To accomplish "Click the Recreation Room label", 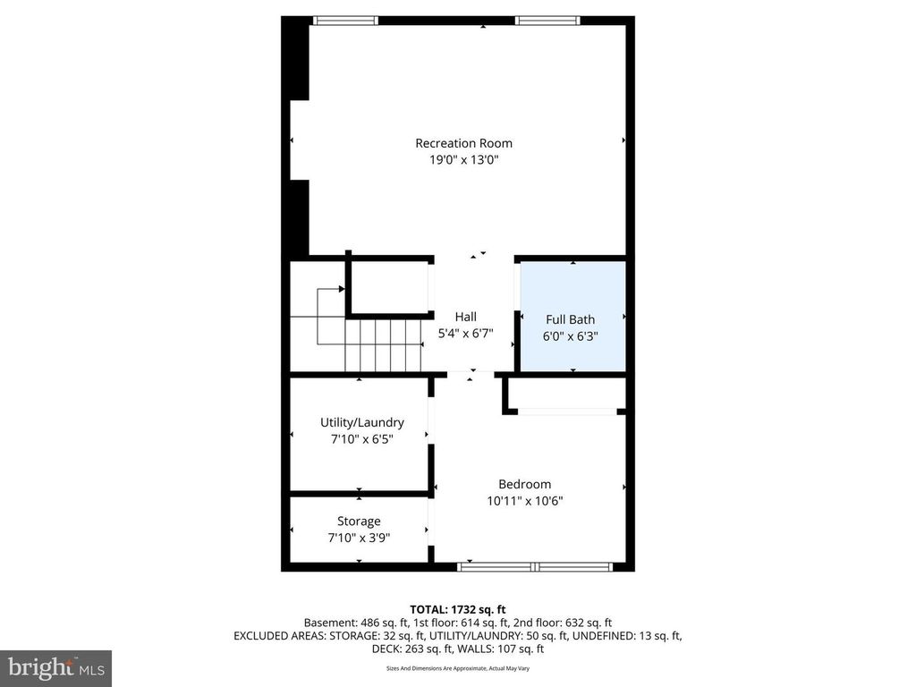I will (463, 143).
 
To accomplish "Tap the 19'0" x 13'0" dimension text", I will (463, 160).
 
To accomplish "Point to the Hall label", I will (465, 317).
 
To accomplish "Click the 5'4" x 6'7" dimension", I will (465, 334).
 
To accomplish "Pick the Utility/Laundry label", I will (362, 422).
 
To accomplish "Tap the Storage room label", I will (359, 522).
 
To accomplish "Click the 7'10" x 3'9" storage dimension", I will (359, 538).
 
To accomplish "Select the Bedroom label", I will (525, 485).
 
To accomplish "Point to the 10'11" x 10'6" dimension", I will (525, 501).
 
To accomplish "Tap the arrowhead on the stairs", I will (342, 289).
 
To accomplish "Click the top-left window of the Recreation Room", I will (345, 20).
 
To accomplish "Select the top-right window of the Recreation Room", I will (547, 20).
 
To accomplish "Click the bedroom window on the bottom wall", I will (535, 566).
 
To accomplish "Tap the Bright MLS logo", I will (55, 667).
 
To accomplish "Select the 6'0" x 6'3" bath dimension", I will (571, 336).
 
